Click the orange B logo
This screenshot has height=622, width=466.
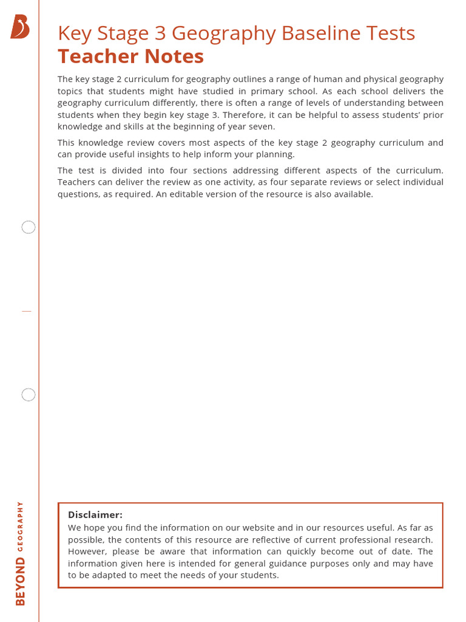pyautogui.click(x=20, y=27)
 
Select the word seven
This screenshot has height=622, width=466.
pyautogui.click(x=262, y=127)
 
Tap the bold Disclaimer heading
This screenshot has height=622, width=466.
pyautogui.click(x=95, y=515)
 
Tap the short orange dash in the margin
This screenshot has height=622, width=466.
pyautogui.click(x=26, y=311)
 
